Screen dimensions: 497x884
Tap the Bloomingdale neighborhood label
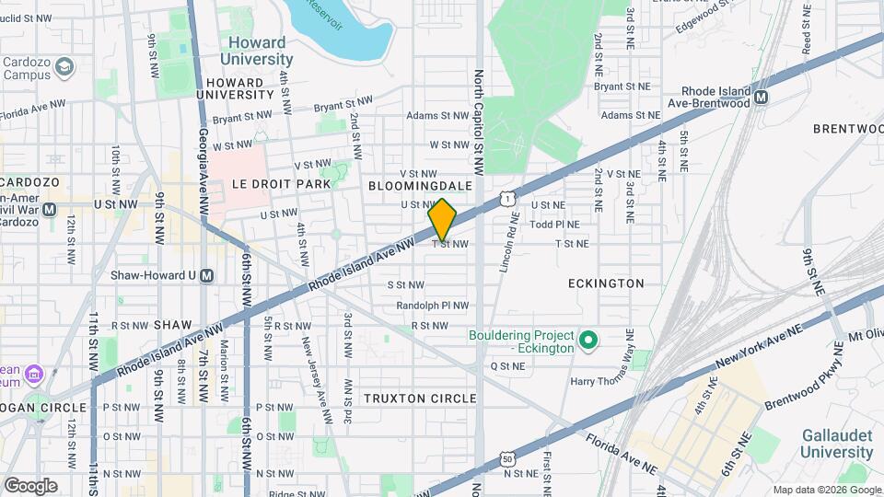420,186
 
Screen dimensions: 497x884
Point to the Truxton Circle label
420,399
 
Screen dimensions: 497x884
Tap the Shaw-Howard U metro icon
207,275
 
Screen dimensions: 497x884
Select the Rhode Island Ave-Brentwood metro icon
761,96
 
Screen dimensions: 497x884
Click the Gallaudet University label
836,443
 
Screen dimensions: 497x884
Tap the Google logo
30,485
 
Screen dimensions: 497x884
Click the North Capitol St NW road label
479,110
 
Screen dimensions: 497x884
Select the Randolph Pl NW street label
433,306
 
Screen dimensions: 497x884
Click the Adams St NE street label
631,116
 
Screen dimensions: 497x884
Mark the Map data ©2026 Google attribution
825,489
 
